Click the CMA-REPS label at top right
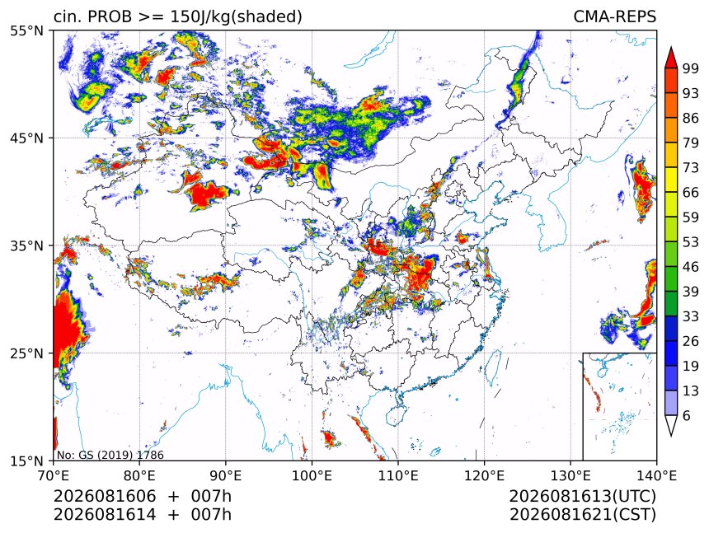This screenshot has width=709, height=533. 614,16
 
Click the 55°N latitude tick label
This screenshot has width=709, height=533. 26,30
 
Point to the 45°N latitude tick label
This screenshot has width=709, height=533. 26,138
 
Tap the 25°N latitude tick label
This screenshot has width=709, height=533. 26,353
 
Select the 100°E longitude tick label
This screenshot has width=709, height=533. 312,475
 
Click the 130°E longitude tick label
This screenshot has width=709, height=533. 570,475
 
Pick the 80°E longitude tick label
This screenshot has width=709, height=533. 139,475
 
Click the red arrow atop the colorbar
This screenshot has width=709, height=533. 671,57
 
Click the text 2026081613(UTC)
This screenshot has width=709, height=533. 583,496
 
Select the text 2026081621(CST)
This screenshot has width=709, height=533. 583,515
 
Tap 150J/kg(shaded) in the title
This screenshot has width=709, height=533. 236,16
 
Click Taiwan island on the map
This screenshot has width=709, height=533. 493,367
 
